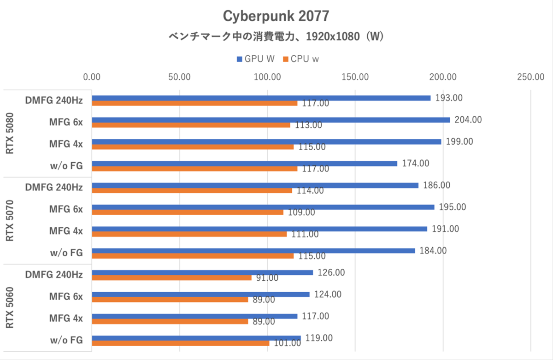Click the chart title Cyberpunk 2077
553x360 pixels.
pyautogui.click(x=276, y=16)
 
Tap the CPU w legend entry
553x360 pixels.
pyautogui.click(x=301, y=59)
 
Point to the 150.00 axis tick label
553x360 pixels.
pyautogui.click(x=355, y=77)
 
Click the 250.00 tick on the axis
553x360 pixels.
pyautogui.click(x=530, y=77)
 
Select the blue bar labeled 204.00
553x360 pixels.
pyautogui.click(x=271, y=120)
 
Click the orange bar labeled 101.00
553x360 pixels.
pyautogui.click(x=181, y=343)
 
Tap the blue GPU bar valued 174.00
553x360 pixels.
pyautogui.click(x=244, y=163)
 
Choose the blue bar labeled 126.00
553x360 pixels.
pyautogui.click(x=202, y=272)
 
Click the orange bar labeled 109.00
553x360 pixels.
pyautogui.click(x=188, y=212)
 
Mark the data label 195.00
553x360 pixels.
pyautogui.click(x=453, y=207)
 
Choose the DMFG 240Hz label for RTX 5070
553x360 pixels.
pyautogui.click(x=54, y=187)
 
